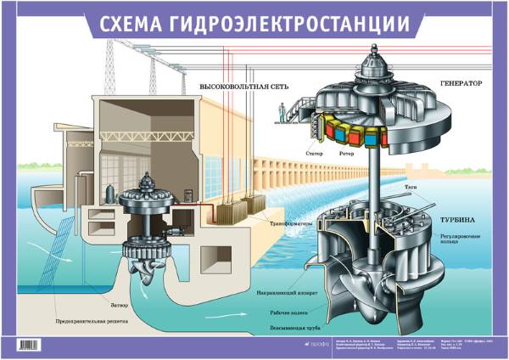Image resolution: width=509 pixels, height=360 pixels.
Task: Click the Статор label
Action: pos(313,154)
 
